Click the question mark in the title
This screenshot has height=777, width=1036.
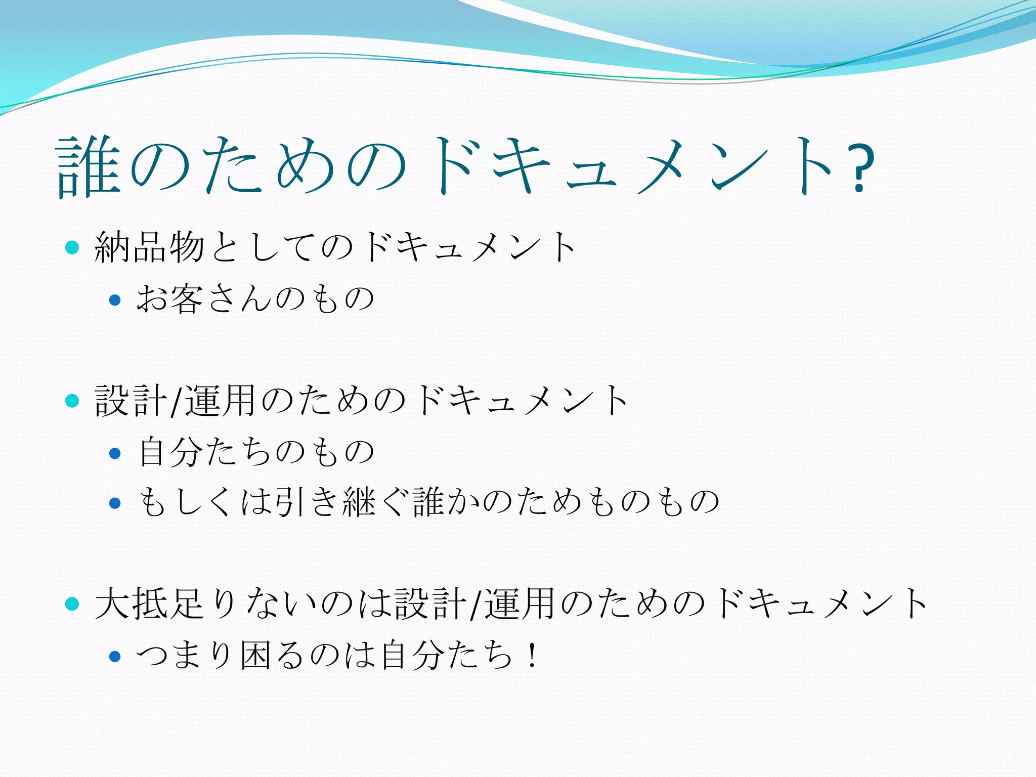[860, 168]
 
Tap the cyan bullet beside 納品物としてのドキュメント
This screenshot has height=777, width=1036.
[73, 247]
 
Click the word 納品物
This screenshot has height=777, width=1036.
[149, 247]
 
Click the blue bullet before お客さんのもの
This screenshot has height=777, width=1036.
[115, 300]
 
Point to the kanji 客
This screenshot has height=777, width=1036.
[187, 298]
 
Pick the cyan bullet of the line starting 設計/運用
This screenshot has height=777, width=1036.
[73, 401]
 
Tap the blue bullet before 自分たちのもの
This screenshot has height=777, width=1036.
[115, 453]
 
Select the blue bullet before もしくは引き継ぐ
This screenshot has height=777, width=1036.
[115, 503]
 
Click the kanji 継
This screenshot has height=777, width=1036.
[359, 502]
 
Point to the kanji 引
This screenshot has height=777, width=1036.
[290, 502]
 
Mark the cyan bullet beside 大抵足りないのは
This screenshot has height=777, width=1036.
[73, 603]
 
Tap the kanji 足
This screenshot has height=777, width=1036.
[187, 603]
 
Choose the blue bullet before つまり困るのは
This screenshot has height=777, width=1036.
[115, 657]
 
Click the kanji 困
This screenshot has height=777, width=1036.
[257, 655]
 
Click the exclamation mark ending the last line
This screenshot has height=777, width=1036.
[531, 655]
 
